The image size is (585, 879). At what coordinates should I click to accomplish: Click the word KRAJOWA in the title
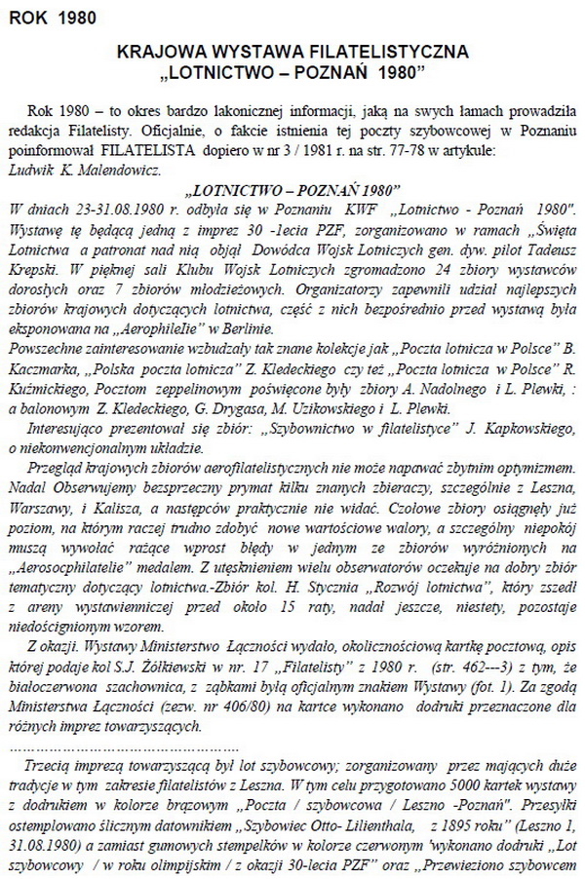156,51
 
